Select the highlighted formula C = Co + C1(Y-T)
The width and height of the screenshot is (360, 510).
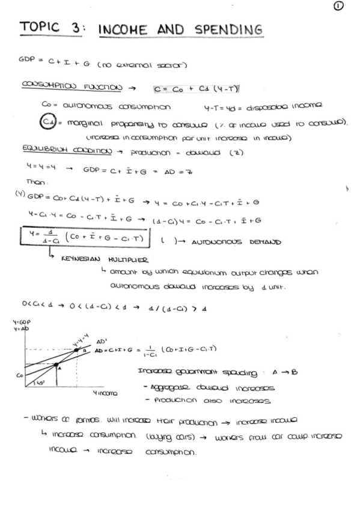point(197,89)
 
